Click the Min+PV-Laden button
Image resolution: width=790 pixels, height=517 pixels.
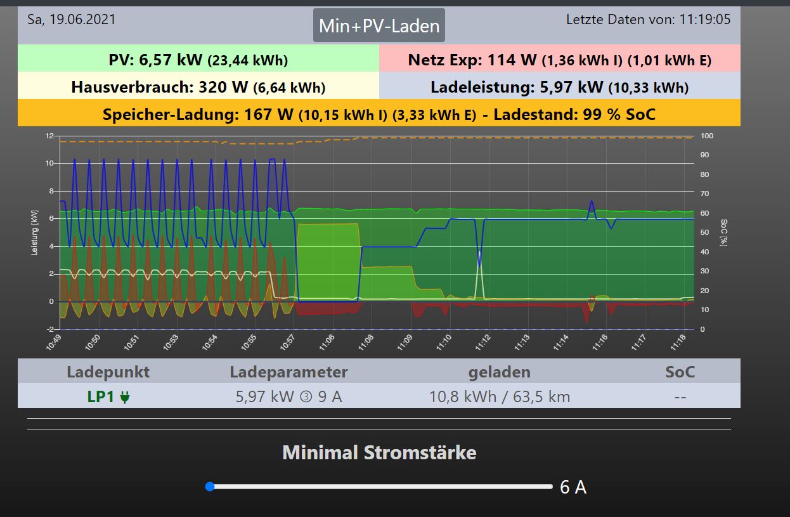click(379, 26)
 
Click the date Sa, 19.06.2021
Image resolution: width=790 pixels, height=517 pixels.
click(72, 20)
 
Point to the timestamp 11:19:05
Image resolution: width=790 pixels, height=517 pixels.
click(704, 20)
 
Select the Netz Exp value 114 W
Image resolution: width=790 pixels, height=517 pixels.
click(512, 60)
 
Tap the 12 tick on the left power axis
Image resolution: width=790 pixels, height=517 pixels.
click(49, 136)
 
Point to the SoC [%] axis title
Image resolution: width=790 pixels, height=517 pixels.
click(723, 233)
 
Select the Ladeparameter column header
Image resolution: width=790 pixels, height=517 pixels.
click(288, 372)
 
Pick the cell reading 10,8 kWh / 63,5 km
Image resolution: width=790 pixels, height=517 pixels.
click(500, 397)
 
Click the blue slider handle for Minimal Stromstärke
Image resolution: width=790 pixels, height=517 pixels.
click(210, 487)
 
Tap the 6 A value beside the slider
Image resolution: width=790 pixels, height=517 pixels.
click(573, 487)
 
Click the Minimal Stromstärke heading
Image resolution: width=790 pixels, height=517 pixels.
click(379, 453)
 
